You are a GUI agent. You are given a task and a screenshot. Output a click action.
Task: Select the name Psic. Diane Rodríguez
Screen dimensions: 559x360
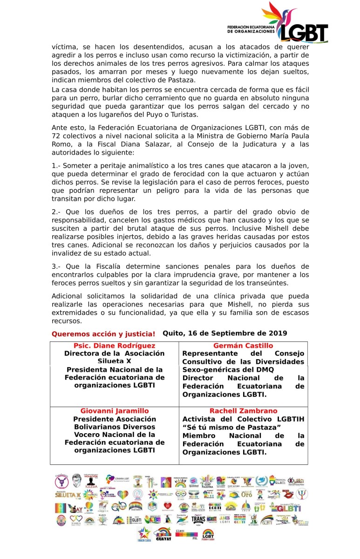tap(115, 346)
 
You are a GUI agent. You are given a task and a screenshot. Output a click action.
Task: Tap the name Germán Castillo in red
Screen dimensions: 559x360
tap(243, 346)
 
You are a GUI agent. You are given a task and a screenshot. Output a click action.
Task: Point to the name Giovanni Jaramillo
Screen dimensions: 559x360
tap(115, 411)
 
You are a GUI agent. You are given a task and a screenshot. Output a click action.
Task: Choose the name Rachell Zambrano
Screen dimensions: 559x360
tap(243, 411)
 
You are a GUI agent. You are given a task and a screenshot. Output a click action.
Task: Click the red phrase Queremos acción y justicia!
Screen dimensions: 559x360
tap(103, 334)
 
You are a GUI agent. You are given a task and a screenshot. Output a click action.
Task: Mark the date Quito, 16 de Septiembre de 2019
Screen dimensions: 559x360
tap(225, 333)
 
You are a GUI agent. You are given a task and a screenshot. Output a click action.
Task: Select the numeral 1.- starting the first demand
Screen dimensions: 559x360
tap(56, 166)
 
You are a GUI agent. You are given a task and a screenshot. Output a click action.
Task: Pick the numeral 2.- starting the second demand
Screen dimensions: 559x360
tap(56, 212)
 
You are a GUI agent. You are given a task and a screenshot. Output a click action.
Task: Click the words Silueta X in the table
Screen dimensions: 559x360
tap(115, 361)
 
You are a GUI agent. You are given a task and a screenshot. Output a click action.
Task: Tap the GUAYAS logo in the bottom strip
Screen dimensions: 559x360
tap(163, 535)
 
